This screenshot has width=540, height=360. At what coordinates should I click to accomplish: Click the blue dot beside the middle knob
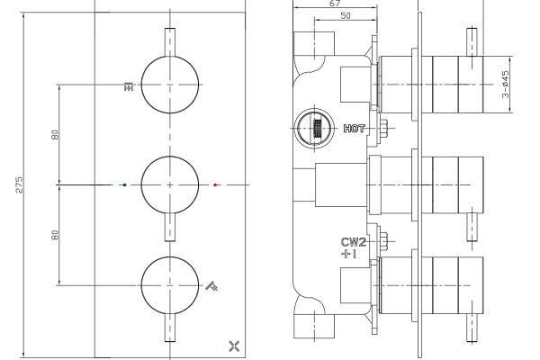[x=125, y=185]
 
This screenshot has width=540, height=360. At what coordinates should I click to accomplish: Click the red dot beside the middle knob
[x=215, y=185]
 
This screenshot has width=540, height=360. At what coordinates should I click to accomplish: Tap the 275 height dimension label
[x=19, y=184]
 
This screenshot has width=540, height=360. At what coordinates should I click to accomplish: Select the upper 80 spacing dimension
[x=55, y=135]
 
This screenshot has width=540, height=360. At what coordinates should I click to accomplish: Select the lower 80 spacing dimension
[x=55, y=235]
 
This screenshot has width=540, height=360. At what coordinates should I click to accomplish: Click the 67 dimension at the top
[x=335, y=4]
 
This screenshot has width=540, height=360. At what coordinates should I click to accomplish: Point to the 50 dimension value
[x=346, y=15]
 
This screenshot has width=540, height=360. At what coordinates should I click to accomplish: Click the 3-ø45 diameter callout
[x=505, y=85]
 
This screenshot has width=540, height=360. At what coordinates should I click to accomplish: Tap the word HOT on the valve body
[x=355, y=129]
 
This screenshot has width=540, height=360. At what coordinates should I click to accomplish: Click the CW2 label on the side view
[x=354, y=242]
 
